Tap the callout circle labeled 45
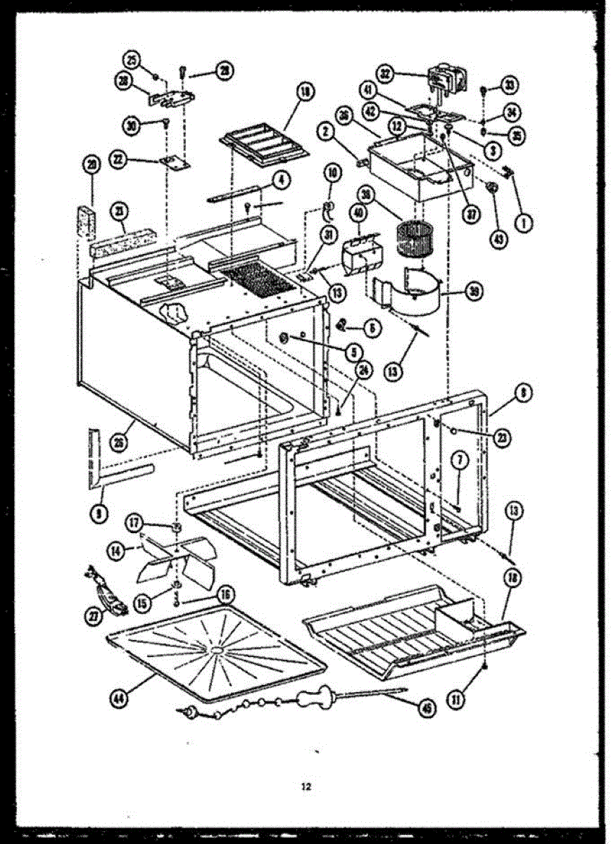click(425, 710)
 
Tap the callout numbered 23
click(502, 439)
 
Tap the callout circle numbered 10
click(332, 172)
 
